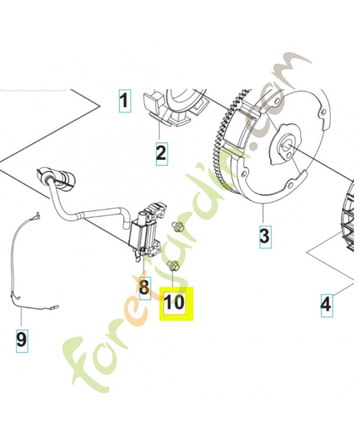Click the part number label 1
(x=124, y=101)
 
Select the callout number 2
(x=161, y=154)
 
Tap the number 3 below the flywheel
(x=264, y=236)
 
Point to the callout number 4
(x=326, y=305)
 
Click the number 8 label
(x=145, y=288)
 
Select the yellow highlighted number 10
(x=176, y=303)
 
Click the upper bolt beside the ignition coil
(x=178, y=227)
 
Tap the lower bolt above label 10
(x=173, y=266)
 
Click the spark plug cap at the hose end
(x=56, y=178)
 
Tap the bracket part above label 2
(x=174, y=107)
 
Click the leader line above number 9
(x=22, y=318)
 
